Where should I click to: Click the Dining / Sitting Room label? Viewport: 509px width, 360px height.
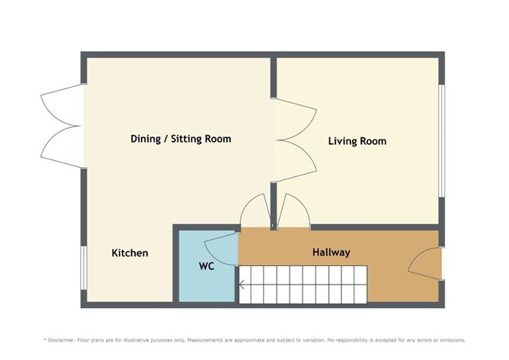(181, 139)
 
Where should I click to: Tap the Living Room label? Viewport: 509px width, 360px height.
(357, 141)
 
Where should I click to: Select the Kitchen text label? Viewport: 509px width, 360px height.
(130, 253)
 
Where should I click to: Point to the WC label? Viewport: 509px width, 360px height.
(206, 268)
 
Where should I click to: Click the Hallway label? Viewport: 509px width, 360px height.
(331, 252)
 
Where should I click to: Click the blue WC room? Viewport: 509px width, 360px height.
(199, 282)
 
